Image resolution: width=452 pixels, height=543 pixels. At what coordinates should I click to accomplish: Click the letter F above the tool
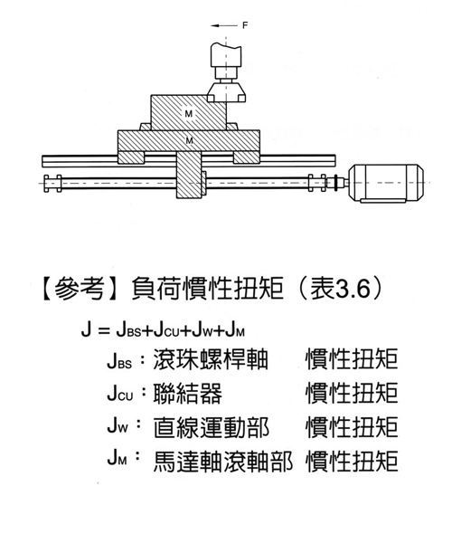click(245, 25)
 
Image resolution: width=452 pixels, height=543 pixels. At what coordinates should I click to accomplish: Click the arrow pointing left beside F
click(224, 25)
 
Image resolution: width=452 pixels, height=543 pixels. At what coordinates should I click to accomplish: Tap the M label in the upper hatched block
click(188, 114)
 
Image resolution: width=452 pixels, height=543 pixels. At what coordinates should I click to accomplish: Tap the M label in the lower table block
click(189, 140)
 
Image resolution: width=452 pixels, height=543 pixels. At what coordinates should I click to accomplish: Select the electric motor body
click(386, 183)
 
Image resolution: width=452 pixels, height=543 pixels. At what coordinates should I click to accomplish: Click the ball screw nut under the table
click(189, 176)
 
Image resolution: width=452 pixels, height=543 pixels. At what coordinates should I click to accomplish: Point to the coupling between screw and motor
click(336, 183)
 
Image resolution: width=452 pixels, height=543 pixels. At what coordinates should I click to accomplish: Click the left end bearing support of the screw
click(52, 183)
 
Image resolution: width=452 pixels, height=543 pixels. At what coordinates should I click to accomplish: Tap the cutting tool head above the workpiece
click(226, 72)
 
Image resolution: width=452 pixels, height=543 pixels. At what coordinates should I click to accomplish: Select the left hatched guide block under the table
click(131, 157)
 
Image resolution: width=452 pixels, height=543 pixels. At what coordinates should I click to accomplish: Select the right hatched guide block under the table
click(246, 157)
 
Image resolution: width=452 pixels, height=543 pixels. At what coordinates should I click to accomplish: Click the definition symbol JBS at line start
click(119, 360)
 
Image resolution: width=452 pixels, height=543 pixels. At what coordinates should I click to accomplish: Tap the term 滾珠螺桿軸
click(211, 359)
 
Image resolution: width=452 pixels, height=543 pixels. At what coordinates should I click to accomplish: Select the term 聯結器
click(188, 394)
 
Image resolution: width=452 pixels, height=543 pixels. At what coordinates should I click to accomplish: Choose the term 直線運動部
click(211, 427)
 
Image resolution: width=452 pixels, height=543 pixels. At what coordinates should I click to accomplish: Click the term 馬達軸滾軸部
click(223, 462)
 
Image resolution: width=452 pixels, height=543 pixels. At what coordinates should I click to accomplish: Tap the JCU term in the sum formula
click(166, 330)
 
